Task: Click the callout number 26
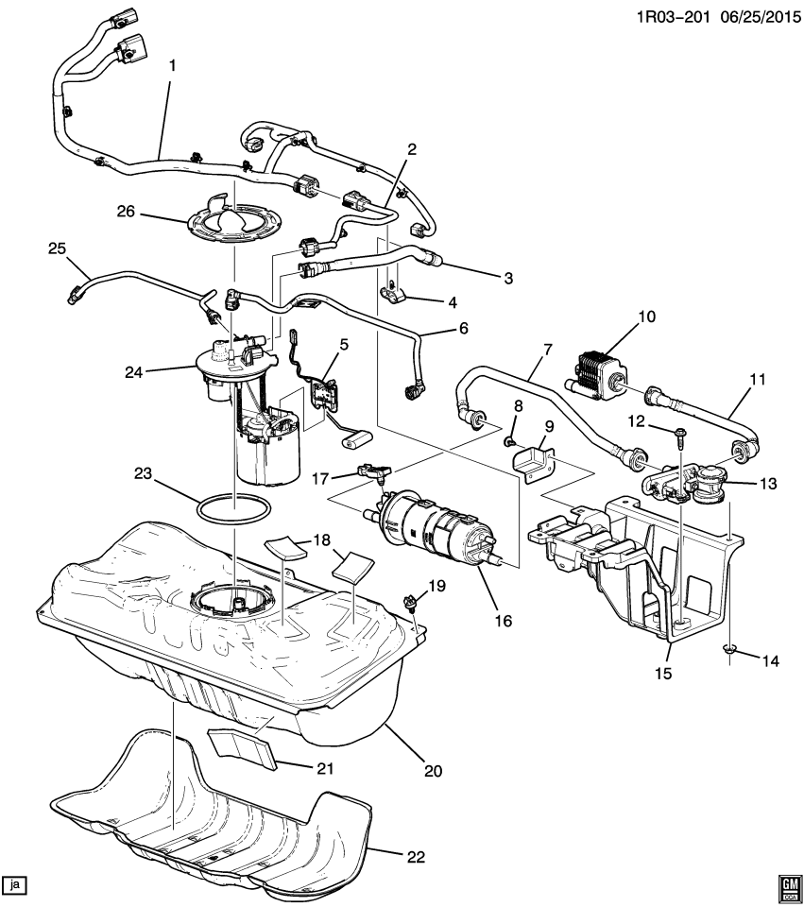click(x=127, y=214)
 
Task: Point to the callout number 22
click(x=415, y=857)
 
